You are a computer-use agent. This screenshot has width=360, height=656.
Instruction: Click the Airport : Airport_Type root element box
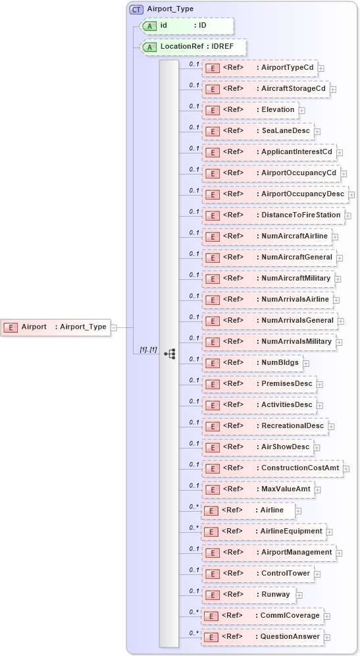[55, 327]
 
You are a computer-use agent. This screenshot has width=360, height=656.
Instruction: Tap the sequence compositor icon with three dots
[170, 353]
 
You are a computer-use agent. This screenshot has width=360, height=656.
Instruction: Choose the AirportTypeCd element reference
[259, 68]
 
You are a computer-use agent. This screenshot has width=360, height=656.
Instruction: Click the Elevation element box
[250, 110]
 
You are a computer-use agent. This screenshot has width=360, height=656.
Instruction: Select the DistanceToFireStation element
[272, 215]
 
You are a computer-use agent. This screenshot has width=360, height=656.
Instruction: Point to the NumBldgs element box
[251, 363]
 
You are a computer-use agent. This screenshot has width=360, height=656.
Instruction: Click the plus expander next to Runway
[299, 595]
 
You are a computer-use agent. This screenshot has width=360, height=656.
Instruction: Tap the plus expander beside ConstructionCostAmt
[346, 469]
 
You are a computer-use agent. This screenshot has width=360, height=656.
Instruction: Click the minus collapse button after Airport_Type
[114, 327]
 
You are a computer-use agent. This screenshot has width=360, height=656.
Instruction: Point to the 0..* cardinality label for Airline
[193, 506]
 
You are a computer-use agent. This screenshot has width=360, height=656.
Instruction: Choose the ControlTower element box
[257, 574]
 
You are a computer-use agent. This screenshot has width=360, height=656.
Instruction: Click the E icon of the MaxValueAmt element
[212, 489]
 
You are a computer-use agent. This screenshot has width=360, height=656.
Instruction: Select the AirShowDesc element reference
[257, 447]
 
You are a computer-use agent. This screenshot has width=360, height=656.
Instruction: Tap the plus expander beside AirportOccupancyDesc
[351, 195]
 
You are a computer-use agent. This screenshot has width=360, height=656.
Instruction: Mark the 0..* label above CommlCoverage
[193, 612]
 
